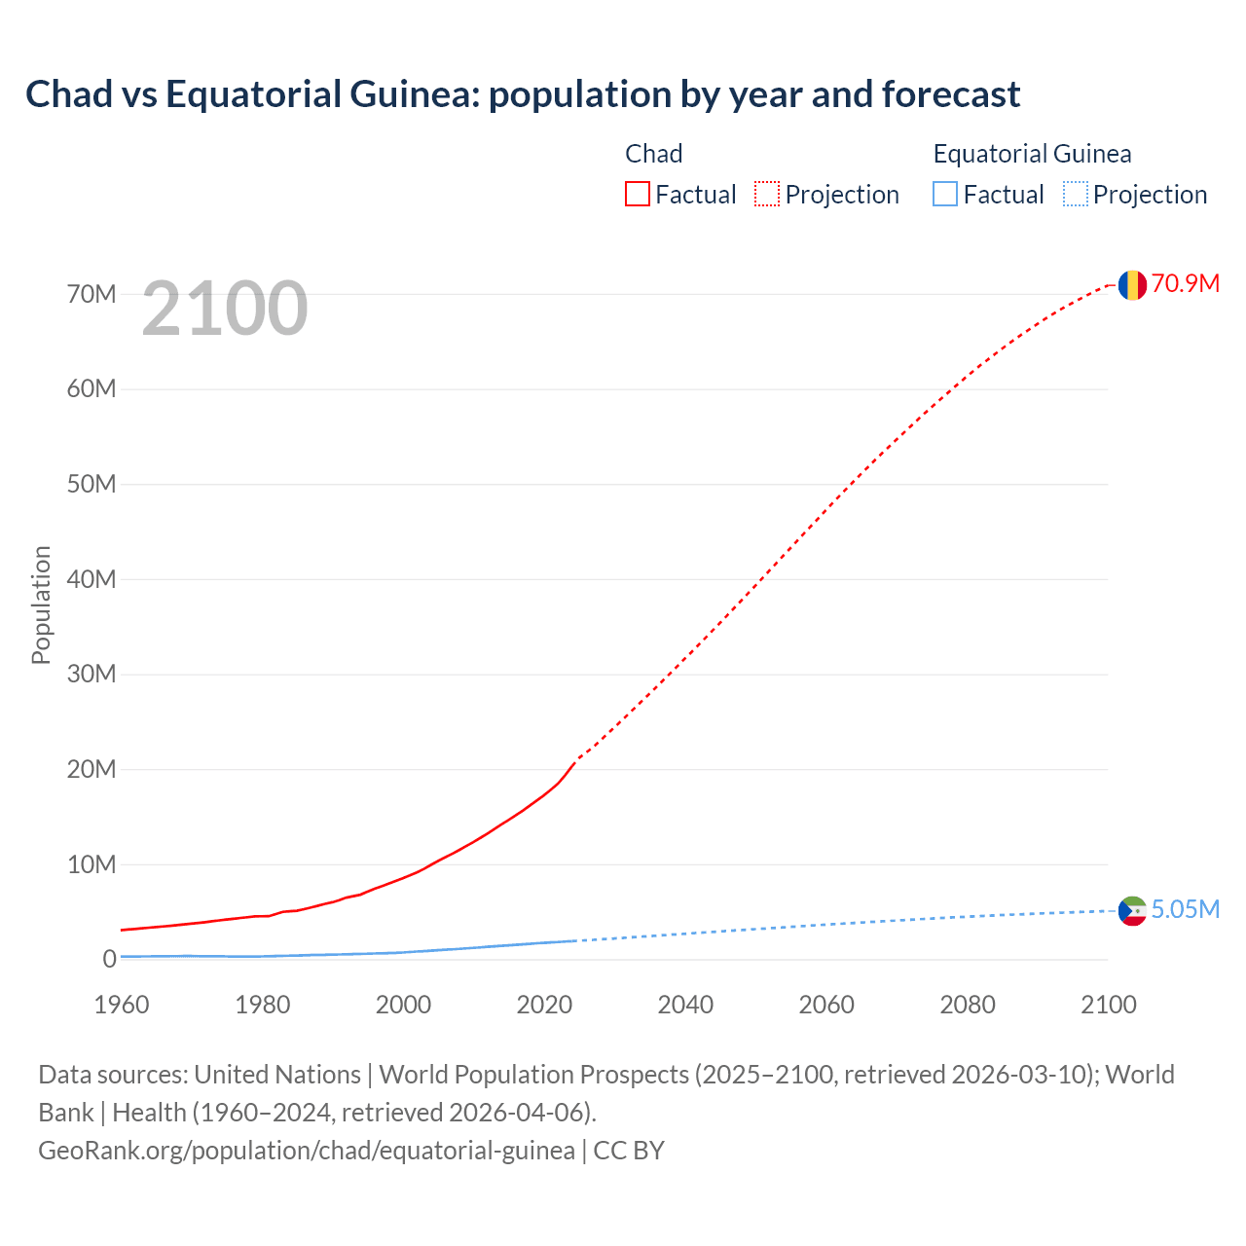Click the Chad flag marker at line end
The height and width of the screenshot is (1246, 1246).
click(x=1131, y=285)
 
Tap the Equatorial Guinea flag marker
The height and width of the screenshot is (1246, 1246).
click(x=1131, y=911)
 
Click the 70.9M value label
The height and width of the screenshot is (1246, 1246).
click(x=1185, y=283)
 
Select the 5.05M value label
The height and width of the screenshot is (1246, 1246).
click(x=1185, y=909)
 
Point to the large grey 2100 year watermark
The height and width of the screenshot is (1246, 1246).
click(x=225, y=309)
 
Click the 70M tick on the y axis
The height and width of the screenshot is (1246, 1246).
click(x=92, y=294)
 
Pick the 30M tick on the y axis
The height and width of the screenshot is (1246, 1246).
click(x=92, y=674)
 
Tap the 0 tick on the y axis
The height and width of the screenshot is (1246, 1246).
click(x=109, y=959)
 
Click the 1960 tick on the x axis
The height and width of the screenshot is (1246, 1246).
click(x=122, y=1005)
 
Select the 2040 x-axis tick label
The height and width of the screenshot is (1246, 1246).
click(x=685, y=1005)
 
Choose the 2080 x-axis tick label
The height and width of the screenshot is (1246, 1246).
click(x=968, y=1005)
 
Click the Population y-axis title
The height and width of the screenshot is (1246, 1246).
click(x=41, y=605)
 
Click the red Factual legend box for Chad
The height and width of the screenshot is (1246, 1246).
click(x=638, y=194)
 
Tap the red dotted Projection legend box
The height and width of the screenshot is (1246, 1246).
click(x=767, y=194)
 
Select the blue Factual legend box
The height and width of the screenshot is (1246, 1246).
click(x=945, y=194)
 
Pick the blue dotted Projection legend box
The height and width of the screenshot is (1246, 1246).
click(x=1076, y=194)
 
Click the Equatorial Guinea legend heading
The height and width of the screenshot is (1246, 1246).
click(x=1032, y=154)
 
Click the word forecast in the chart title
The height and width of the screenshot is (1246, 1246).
click(x=951, y=94)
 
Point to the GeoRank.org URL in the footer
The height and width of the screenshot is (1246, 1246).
click(x=307, y=1150)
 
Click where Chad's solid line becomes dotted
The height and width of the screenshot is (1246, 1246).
click(x=576, y=759)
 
